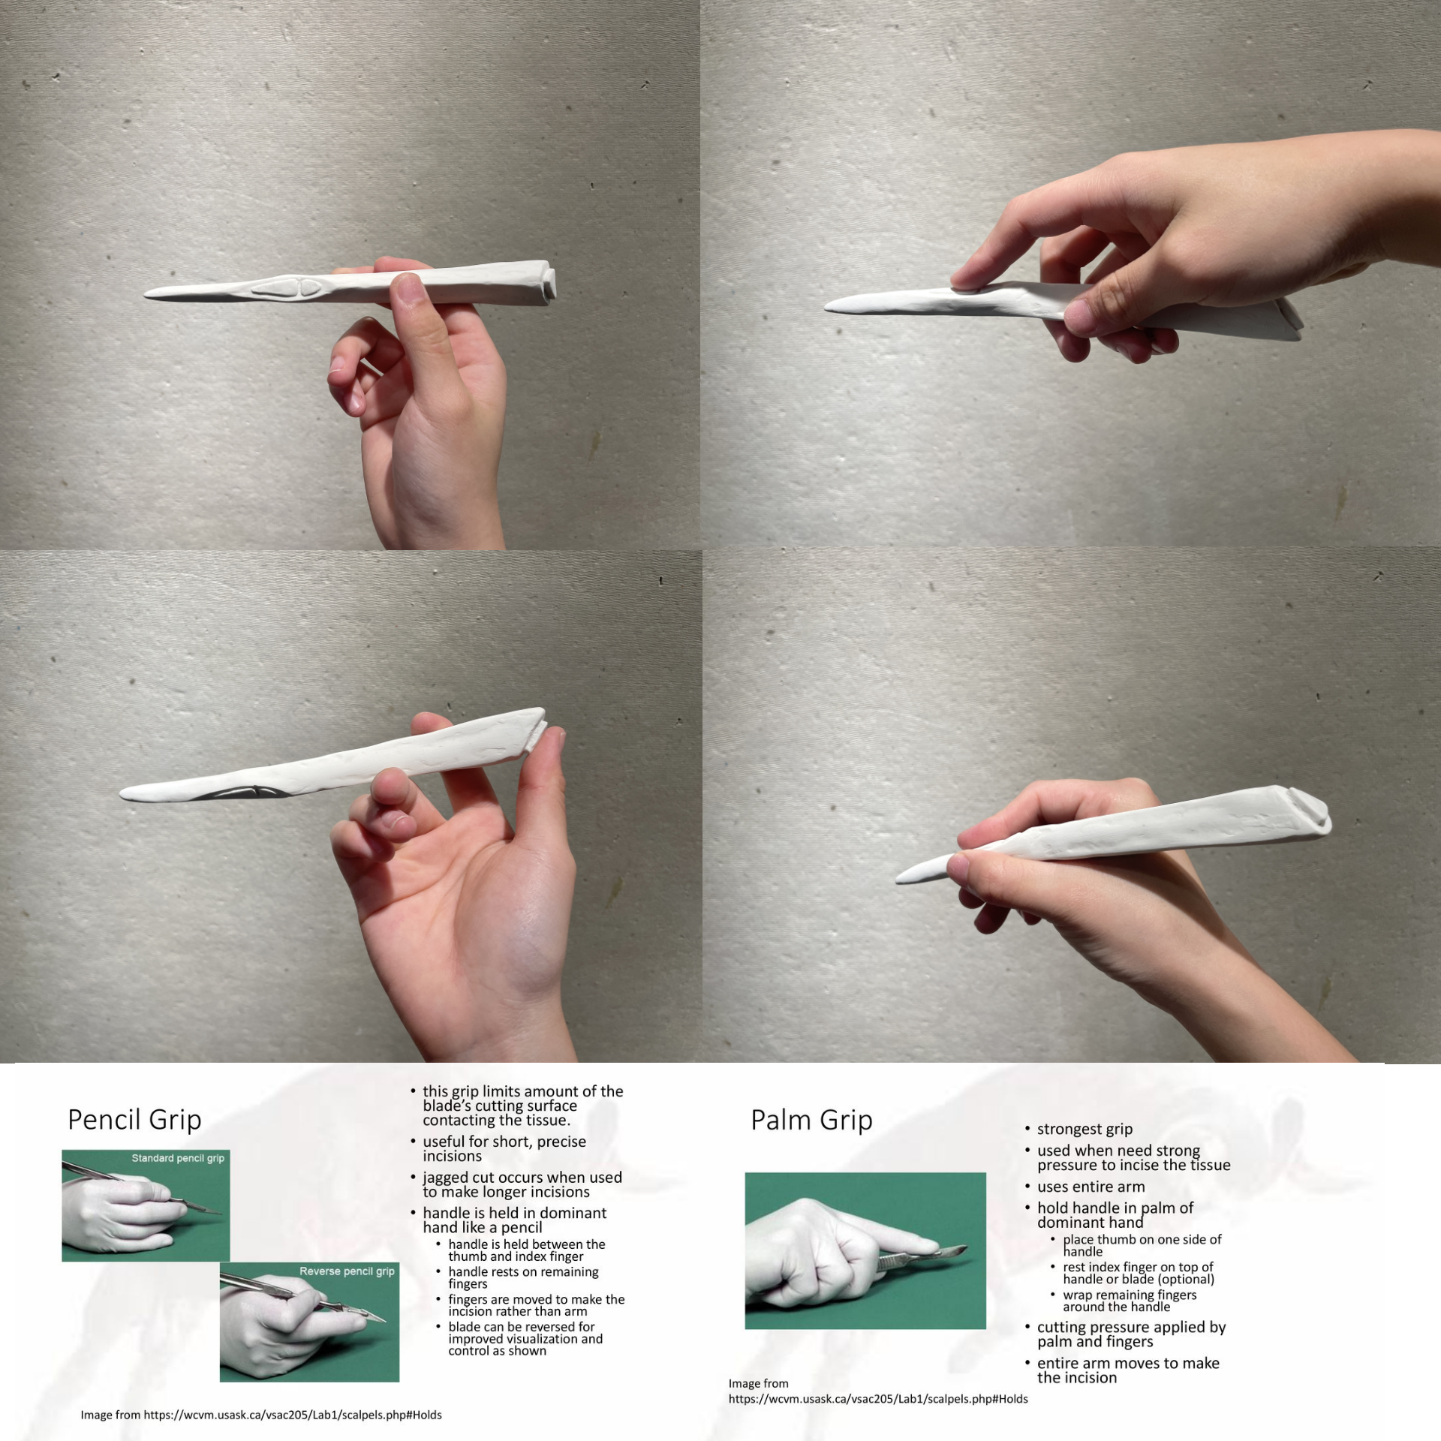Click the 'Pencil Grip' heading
(134, 1120)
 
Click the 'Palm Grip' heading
(811, 1120)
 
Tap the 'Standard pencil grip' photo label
(178, 1158)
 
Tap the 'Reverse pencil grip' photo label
(347, 1271)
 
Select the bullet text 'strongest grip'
(1085, 1129)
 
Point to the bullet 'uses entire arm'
(1091, 1187)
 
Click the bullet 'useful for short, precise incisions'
(504, 1148)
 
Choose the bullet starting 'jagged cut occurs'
(522, 1184)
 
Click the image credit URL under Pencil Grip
(293, 1415)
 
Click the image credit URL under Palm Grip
(878, 1399)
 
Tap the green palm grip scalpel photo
(865, 1250)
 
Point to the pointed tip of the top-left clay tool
(145, 294)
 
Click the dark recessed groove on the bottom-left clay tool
(240, 792)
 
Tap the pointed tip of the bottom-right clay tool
(898, 879)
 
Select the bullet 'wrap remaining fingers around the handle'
(1130, 1301)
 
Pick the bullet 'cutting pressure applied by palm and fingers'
(1131, 1334)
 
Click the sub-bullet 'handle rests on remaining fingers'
(523, 1277)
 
